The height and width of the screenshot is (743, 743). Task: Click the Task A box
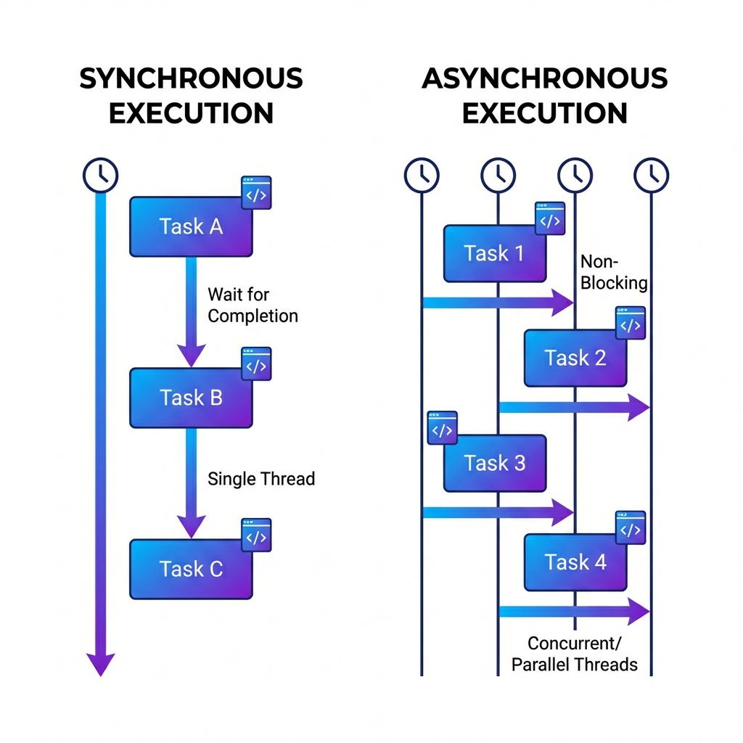point(191,226)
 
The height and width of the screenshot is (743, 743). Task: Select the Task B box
point(191,398)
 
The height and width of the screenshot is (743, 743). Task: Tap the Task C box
point(191,569)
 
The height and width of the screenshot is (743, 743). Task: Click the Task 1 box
point(494,253)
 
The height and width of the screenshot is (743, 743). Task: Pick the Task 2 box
point(575,358)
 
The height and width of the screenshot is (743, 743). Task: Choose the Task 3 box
point(494,463)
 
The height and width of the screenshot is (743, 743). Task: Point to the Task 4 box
point(575,562)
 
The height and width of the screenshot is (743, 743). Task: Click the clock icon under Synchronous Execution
point(100,175)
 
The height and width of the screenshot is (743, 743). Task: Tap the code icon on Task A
point(256,193)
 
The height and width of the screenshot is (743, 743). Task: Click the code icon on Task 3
point(443,428)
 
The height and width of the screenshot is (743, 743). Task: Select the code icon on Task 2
point(630,324)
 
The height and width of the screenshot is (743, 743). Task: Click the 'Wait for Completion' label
point(252,305)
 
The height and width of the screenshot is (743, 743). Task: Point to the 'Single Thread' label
point(261,479)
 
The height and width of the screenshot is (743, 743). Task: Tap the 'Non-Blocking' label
point(613,272)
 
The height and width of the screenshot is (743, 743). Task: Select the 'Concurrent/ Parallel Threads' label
point(575,653)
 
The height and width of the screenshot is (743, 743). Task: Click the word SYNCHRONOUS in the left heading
point(191,78)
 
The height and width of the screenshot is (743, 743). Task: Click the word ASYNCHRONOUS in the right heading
point(544,78)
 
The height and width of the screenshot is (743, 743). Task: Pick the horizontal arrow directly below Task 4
point(573,611)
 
